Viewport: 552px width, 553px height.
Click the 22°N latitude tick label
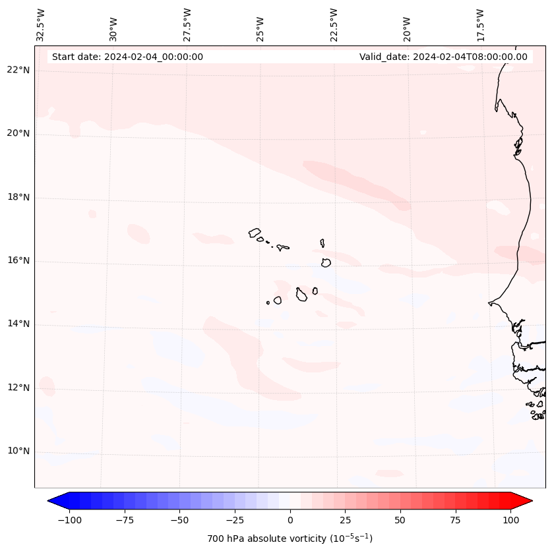(18, 71)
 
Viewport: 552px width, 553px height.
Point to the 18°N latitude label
(18, 198)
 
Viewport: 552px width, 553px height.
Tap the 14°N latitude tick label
(18, 324)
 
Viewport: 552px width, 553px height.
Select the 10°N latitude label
(18, 451)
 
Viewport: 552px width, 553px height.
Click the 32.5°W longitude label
(41, 24)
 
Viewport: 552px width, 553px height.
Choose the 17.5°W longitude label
(480, 24)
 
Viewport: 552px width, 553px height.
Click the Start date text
(127, 57)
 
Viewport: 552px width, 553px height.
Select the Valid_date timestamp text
(443, 57)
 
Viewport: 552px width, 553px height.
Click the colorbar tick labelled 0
(290, 520)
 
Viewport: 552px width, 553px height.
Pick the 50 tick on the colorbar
(400, 520)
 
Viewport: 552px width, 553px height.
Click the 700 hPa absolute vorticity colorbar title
(290, 538)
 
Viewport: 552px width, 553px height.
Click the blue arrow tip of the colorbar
(53, 502)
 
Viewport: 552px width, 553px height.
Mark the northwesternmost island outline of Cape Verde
(255, 232)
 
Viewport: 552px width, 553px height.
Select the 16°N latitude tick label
(18, 261)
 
